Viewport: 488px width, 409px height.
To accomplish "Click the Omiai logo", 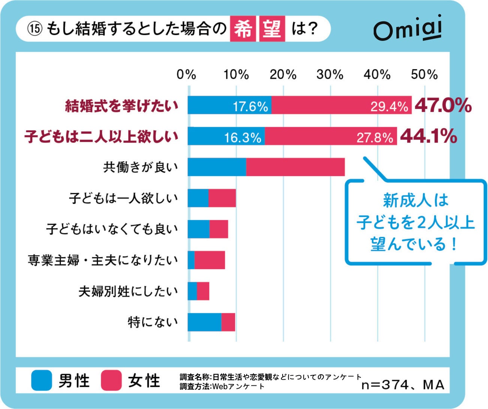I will click(407, 29).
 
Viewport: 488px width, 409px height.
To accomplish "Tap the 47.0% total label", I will click(443, 105).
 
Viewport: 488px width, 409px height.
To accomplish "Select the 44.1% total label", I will click(428, 136).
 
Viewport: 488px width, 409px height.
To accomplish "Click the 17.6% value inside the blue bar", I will click(250, 107).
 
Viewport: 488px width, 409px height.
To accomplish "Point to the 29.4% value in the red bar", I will click(389, 107).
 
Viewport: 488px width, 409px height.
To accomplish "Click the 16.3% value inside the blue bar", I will click(243, 138).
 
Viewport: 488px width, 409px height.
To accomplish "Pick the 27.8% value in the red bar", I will click(374, 138).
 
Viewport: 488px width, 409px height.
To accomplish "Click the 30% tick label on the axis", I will click(330, 74).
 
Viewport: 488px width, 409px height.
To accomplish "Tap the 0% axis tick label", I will click(187, 74).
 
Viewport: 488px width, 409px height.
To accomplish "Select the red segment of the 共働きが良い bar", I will click(295, 167).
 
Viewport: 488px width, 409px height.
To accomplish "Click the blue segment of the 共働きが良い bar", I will click(217, 167).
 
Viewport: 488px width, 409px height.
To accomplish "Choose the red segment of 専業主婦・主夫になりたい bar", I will click(210, 260).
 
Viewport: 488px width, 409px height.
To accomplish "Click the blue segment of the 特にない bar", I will click(204, 322).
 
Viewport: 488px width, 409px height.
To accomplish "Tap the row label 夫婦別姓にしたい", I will click(128, 291).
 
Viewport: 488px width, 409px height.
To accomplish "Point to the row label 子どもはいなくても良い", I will click(112, 229).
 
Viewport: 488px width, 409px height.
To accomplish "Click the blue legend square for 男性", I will click(42, 380).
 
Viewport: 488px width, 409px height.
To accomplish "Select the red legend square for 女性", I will click(111, 380).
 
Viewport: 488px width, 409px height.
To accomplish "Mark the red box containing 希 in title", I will click(243, 29).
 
